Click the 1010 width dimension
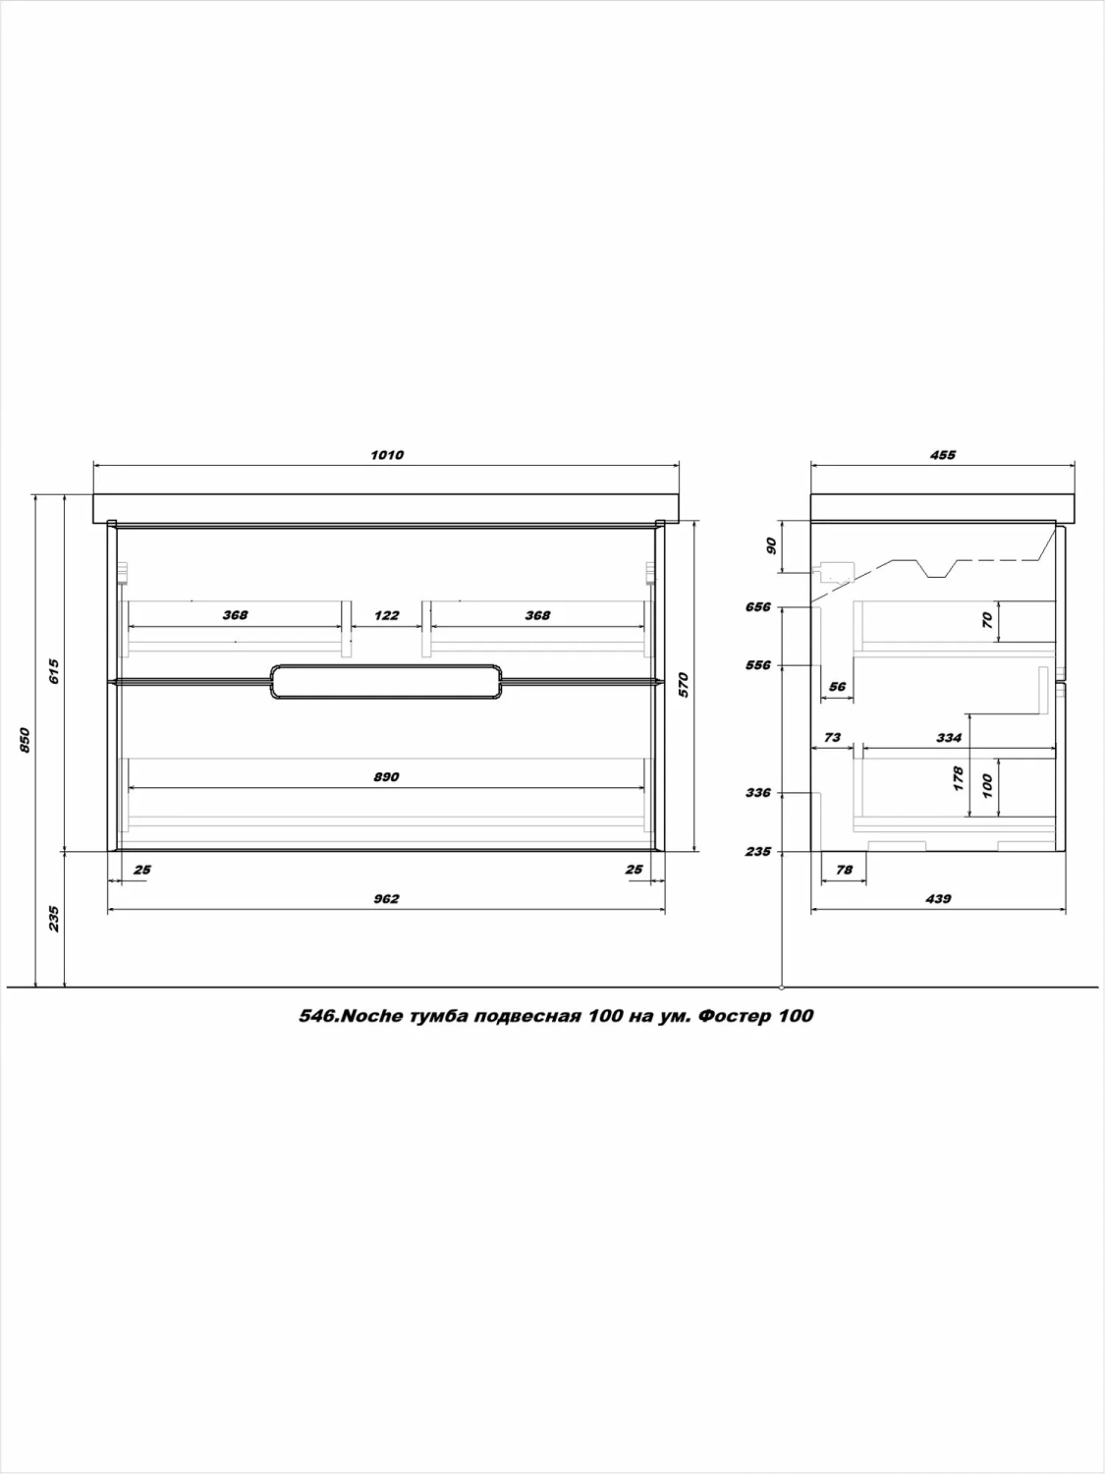click(387, 455)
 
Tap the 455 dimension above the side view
click(943, 455)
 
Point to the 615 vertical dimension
click(54, 671)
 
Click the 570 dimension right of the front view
click(684, 685)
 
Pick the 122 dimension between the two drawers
click(386, 615)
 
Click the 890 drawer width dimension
click(386, 777)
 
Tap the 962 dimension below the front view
click(386, 898)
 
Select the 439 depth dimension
click(938, 898)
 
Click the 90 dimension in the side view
click(771, 546)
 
